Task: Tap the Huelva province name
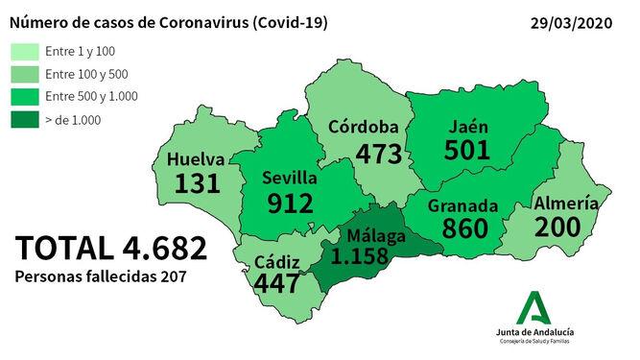(x=196, y=159)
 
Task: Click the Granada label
(x=463, y=205)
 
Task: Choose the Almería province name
(x=566, y=204)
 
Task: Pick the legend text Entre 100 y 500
(x=85, y=74)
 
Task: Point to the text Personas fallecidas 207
(x=101, y=276)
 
